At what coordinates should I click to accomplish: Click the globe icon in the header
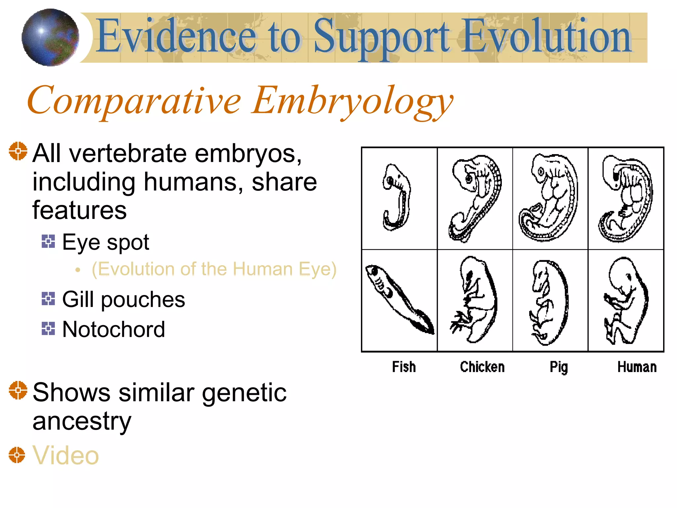coord(50,37)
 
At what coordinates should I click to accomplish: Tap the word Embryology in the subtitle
coord(352,101)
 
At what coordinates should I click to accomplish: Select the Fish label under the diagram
coord(404,367)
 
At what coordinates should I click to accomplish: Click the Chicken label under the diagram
coord(482,367)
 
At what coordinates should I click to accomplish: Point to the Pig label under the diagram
coord(558,367)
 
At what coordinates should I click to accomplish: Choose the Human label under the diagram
coord(637,367)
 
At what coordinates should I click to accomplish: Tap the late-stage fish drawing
coord(399,299)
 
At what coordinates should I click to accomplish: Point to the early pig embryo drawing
coord(549,198)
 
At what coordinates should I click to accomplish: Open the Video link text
coord(65,455)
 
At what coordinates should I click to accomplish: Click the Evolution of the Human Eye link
coord(214,269)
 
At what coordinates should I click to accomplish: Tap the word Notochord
coord(113,329)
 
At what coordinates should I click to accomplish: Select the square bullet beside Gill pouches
coord(48,299)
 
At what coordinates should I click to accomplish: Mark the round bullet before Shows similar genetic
coord(18,390)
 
